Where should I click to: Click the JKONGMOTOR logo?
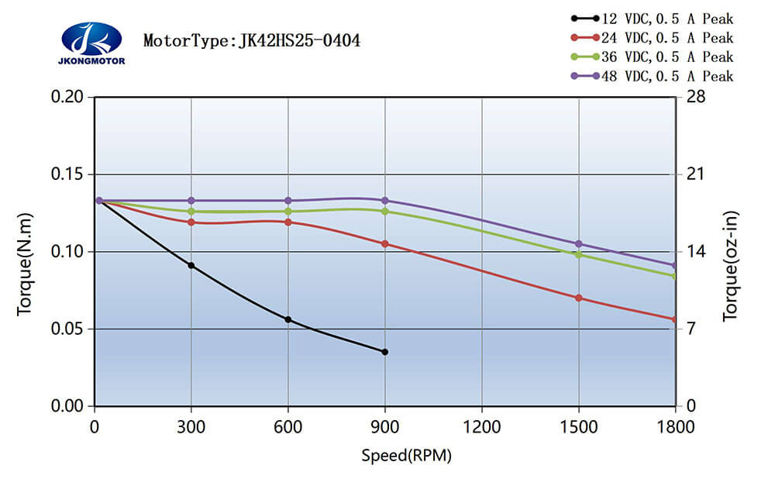coord(91,42)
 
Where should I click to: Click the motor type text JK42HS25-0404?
coord(252,40)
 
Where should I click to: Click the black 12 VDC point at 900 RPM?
coord(385,352)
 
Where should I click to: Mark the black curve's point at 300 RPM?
coord(191,265)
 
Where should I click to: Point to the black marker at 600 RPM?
coord(288,319)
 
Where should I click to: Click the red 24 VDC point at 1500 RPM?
coord(579,298)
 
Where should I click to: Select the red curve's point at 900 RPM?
coord(385,243)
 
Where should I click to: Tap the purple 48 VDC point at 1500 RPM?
coord(579,244)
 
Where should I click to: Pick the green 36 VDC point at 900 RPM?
coord(385,211)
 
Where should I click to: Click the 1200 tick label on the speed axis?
coord(482,426)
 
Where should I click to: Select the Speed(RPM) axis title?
coord(406,455)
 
